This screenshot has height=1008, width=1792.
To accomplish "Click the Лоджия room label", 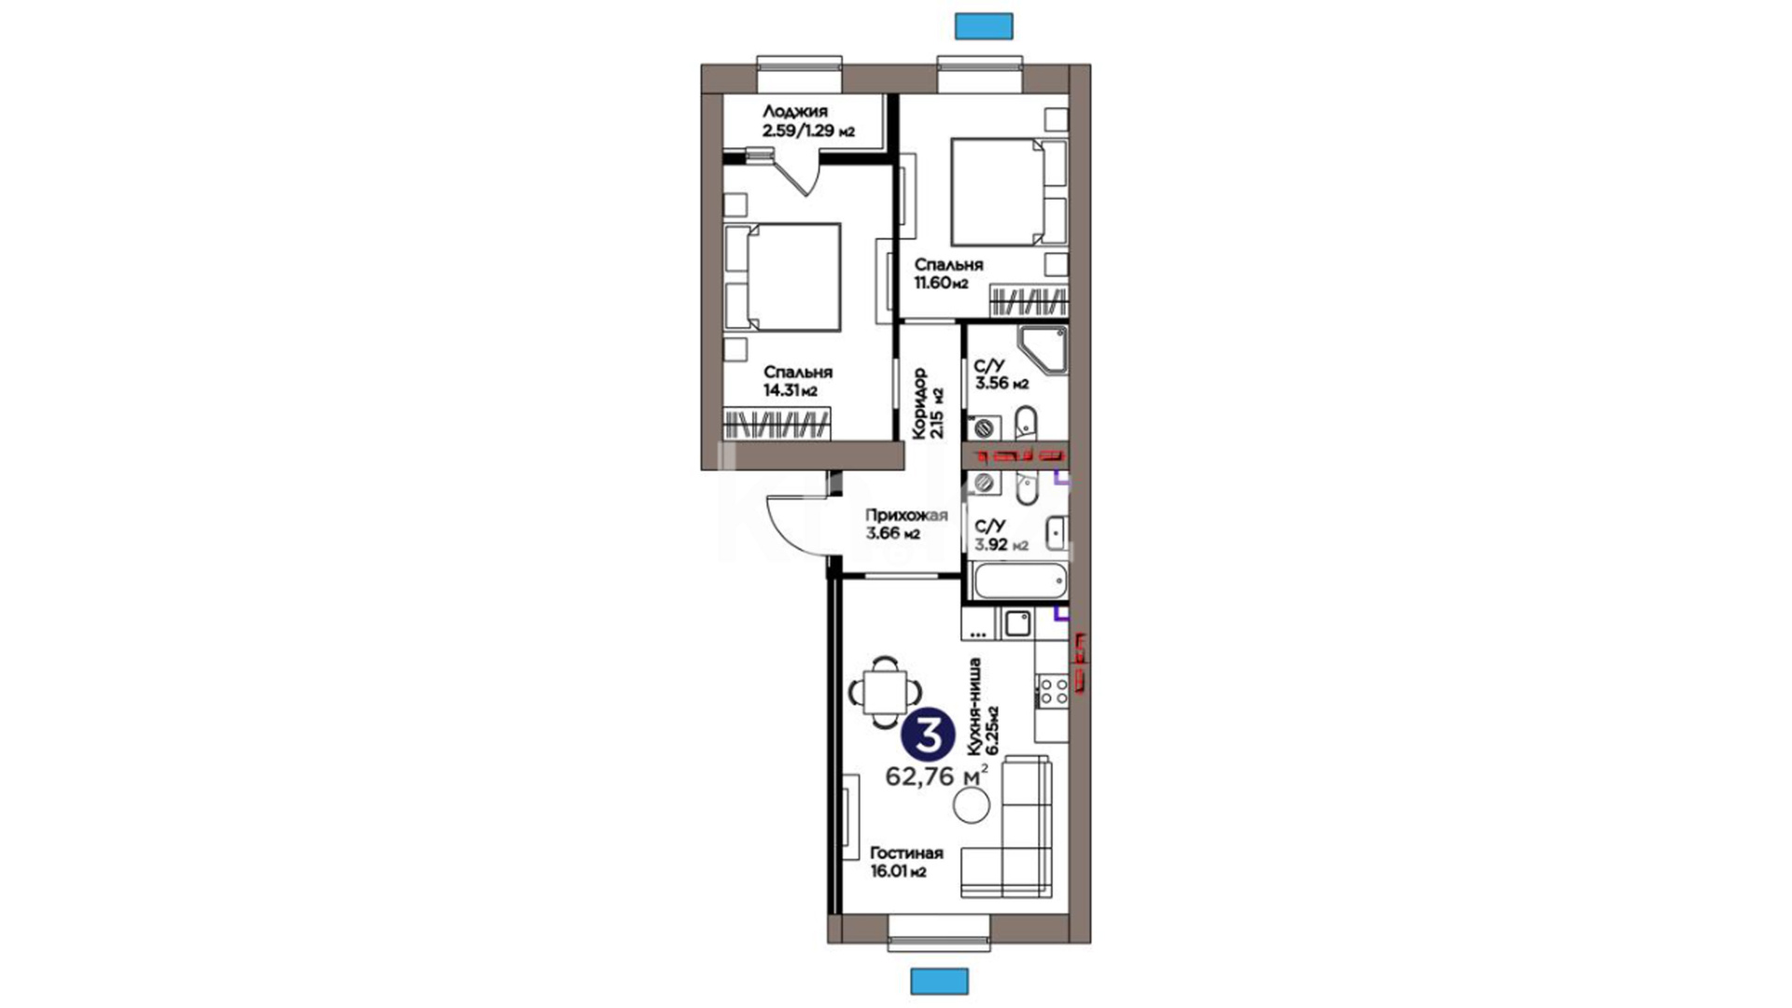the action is click(794, 112).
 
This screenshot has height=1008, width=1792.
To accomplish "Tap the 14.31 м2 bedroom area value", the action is click(791, 391).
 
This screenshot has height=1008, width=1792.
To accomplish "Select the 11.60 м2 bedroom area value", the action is click(941, 283).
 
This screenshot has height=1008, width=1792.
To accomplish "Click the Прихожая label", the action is click(906, 515).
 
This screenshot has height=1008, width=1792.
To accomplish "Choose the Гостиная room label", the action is click(906, 853).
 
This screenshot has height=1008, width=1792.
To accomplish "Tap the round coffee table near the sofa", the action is click(972, 805).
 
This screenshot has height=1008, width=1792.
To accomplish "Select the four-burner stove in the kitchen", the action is click(1054, 691).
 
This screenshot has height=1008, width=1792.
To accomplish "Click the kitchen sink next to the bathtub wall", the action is click(1015, 623).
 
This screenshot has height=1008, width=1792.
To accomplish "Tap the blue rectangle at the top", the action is click(985, 25).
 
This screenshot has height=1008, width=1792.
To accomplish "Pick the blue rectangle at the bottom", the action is click(940, 981).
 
